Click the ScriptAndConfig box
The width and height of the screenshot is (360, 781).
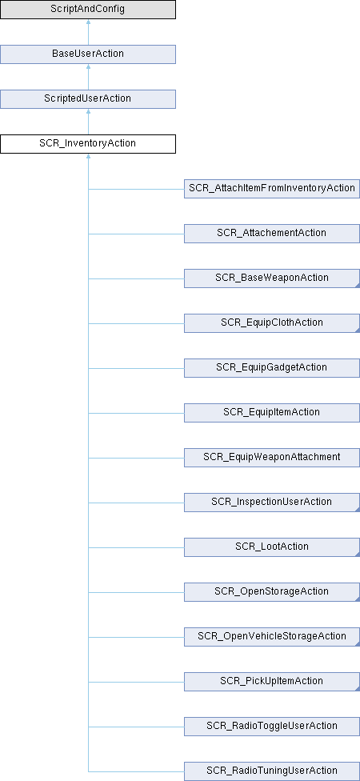tap(88, 10)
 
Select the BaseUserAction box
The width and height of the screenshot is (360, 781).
tap(88, 54)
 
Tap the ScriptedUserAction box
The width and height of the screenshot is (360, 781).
tap(88, 98)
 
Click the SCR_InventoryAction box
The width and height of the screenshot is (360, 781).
tap(88, 143)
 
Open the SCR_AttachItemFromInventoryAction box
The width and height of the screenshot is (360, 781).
tap(272, 188)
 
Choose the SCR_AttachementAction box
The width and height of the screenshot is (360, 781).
tap(272, 233)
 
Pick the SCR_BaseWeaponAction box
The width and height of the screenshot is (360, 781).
tap(272, 278)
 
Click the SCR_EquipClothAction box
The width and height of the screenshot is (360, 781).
tap(272, 322)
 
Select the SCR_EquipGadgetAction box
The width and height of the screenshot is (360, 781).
tap(272, 367)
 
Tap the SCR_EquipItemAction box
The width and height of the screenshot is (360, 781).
tap(272, 412)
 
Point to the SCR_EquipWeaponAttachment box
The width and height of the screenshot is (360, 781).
tap(272, 457)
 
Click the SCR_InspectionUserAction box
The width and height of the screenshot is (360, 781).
tap(272, 502)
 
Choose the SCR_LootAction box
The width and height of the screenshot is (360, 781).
tap(272, 547)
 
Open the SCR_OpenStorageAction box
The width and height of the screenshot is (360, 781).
tap(272, 591)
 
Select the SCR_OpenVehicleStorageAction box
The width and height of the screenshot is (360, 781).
tap(272, 636)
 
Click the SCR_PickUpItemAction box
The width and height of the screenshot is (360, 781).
tap(272, 682)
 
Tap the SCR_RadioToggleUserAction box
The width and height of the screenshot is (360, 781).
tap(272, 727)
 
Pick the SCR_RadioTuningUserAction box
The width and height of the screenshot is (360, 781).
tap(272, 771)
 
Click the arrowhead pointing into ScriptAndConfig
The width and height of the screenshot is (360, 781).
tap(88, 22)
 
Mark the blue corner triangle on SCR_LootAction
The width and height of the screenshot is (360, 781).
tap(358, 555)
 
